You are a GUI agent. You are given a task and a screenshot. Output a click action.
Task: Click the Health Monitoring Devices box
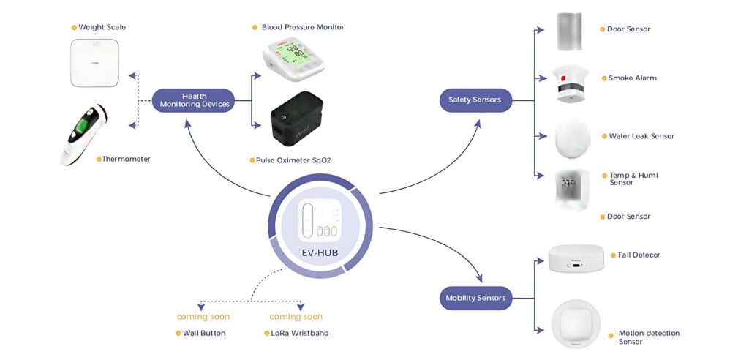[x=194, y=100]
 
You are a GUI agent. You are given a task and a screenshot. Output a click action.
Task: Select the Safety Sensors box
[x=475, y=100]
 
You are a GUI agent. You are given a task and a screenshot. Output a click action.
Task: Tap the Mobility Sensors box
[x=475, y=298]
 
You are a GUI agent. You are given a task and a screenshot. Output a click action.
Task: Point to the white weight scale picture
[x=95, y=63]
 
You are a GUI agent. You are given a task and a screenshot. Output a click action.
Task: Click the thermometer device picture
[x=84, y=133]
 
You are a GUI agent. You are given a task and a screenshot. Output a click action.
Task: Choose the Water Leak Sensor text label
[x=641, y=136]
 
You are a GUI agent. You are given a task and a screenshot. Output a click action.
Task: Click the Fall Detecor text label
[x=639, y=255]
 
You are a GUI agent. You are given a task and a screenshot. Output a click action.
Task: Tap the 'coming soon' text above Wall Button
[x=203, y=317]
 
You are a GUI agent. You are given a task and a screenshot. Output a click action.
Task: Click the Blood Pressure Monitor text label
[x=303, y=28]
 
